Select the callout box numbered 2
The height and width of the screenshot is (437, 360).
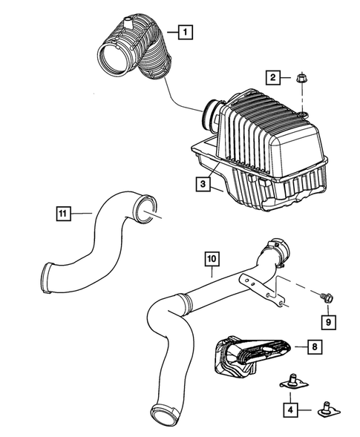[x=273, y=78]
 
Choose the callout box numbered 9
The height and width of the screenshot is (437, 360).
[x=326, y=321]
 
